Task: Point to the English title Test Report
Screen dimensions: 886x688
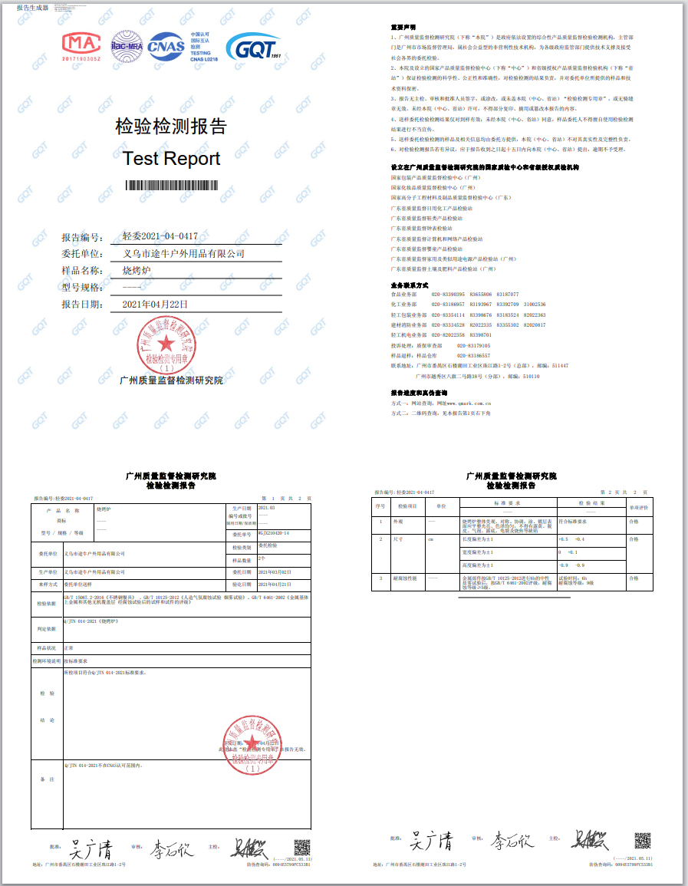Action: click(x=171, y=159)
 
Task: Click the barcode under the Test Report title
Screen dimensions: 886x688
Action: click(x=172, y=185)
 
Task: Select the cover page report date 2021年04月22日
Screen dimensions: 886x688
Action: click(x=155, y=305)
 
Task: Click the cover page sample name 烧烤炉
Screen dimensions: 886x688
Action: click(x=139, y=270)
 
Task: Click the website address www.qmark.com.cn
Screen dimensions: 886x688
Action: click(x=463, y=403)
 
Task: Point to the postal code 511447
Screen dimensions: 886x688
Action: click(x=559, y=366)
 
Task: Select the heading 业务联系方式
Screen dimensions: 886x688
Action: click(x=408, y=285)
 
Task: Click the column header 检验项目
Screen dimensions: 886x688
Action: click(x=407, y=506)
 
